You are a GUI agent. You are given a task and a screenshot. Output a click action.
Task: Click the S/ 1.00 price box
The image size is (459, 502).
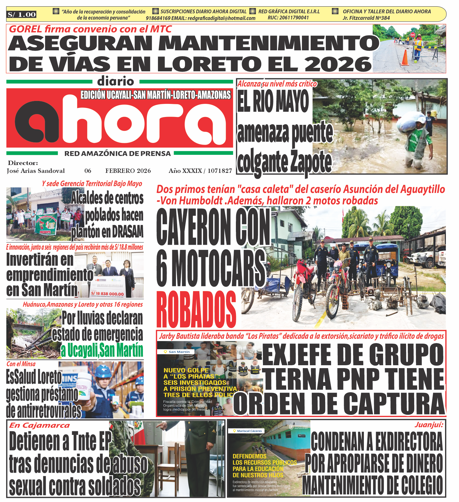22,15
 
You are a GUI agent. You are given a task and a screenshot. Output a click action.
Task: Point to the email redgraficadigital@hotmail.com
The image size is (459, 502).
221,18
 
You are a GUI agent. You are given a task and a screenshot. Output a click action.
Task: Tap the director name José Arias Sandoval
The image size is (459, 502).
36,171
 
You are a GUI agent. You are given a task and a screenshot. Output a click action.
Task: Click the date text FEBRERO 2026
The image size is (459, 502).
128,171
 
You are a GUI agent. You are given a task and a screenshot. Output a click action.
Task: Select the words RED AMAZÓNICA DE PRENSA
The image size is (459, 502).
118,154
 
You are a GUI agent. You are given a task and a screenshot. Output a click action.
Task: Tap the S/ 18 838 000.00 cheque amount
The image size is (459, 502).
107,294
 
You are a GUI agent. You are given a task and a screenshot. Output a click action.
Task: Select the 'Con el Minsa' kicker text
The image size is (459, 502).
21,364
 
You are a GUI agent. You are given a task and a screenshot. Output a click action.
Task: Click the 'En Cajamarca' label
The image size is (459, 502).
40,425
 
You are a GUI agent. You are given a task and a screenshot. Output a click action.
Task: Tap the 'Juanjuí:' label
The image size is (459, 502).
429,425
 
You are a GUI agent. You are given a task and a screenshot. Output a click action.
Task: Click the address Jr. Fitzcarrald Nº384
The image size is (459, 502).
366,18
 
